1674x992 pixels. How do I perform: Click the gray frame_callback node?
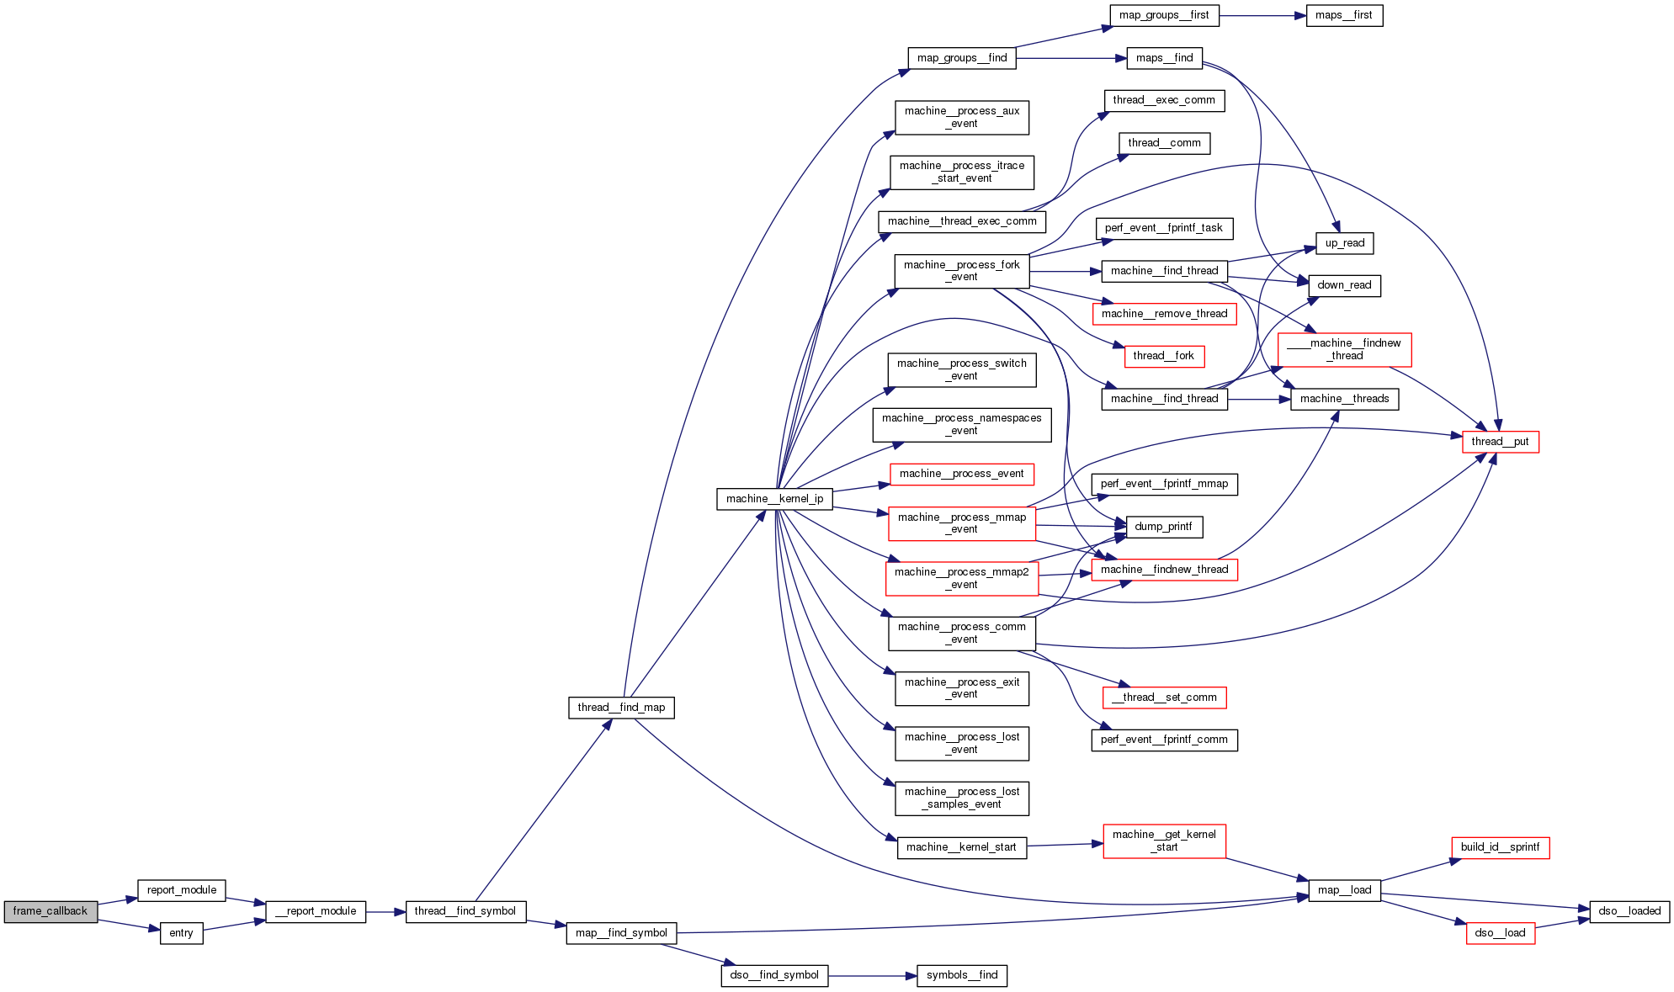click(50, 911)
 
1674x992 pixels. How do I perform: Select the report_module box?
click(182, 890)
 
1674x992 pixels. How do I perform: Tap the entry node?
click(181, 933)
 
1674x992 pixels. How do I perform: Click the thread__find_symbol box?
click(465, 911)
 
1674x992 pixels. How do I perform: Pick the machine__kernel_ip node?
click(774, 499)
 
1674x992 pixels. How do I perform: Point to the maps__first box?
click(1344, 15)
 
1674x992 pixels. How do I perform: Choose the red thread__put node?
click(1500, 442)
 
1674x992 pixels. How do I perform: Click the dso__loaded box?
click(1629, 911)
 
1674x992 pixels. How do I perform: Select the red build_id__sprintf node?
click(1500, 847)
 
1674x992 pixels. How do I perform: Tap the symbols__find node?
click(962, 975)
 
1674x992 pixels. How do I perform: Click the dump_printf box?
click(1163, 527)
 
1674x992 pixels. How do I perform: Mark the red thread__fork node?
click(1164, 356)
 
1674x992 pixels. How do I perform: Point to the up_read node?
click(1345, 243)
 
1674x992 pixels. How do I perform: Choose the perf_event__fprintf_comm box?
click(1164, 740)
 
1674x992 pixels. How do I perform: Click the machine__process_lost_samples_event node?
click(962, 798)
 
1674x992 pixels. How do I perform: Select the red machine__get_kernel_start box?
click(1164, 841)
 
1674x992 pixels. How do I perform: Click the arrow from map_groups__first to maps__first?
click(1262, 15)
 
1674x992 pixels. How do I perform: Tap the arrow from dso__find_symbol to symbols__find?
click(871, 976)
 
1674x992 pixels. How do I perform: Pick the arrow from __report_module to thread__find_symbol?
click(385, 912)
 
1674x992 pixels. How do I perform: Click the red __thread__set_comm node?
click(1164, 698)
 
